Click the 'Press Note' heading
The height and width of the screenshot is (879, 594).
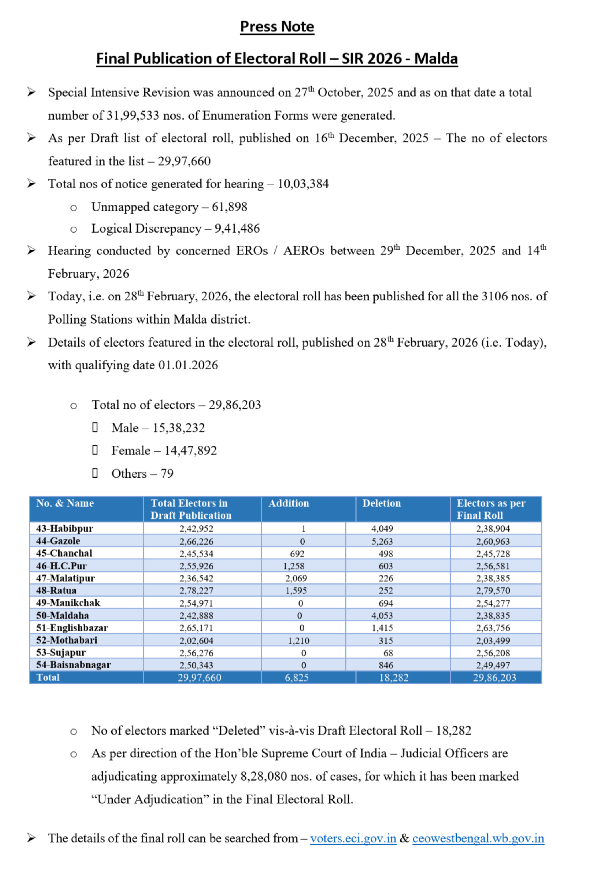277,27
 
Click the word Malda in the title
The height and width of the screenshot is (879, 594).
435,59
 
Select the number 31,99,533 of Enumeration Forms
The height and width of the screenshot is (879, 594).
133,115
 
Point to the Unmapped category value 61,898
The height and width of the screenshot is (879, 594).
229,207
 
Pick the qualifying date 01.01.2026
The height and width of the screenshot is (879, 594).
188,365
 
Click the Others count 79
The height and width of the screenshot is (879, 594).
167,474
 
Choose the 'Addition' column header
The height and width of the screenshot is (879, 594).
288,503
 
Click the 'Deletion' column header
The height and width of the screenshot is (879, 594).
381,503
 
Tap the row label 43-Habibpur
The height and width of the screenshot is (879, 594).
64,528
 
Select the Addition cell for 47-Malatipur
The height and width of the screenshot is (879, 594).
296,578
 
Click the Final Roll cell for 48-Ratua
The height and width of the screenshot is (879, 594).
493,590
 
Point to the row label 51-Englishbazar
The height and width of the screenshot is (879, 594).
72,627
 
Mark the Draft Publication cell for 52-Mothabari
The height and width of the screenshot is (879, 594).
196,640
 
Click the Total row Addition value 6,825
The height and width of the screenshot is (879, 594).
296,677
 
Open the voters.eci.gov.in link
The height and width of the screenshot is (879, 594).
353,838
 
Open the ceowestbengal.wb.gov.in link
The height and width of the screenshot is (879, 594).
478,838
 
